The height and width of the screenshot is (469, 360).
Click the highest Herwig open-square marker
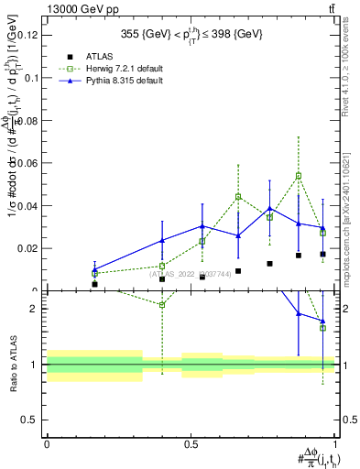pyautogui.click(x=299, y=176)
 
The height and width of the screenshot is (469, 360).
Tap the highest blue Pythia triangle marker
pyautogui.click(x=269, y=209)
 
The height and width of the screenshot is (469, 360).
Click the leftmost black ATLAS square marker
pyautogui.click(x=94, y=284)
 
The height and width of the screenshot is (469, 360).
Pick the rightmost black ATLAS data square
pyautogui.click(x=322, y=254)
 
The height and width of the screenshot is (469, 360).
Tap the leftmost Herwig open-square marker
pyautogui.click(x=94, y=274)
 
